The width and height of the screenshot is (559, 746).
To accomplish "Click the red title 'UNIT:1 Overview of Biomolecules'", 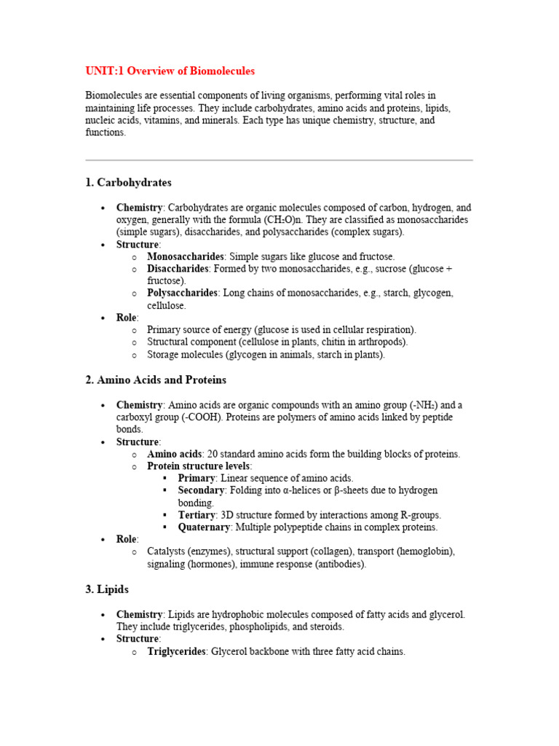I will click(x=170, y=71).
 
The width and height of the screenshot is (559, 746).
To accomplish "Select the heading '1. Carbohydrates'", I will click(x=128, y=182).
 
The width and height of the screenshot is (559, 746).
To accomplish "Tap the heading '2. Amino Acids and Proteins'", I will click(x=156, y=380).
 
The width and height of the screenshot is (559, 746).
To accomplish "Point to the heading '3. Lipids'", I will click(x=107, y=589).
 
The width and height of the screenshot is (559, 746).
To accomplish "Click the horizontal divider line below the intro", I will click(x=279, y=160).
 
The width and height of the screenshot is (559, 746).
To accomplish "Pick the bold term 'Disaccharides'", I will click(x=178, y=269).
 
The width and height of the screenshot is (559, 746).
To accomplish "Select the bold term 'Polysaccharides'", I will click(x=182, y=293).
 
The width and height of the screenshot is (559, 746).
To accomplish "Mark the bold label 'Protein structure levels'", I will click(x=199, y=466).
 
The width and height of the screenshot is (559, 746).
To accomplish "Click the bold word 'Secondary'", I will click(x=201, y=490).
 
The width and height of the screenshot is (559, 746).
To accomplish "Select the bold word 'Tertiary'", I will click(x=197, y=514).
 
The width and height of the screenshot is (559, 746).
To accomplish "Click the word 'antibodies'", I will click(x=340, y=564).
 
